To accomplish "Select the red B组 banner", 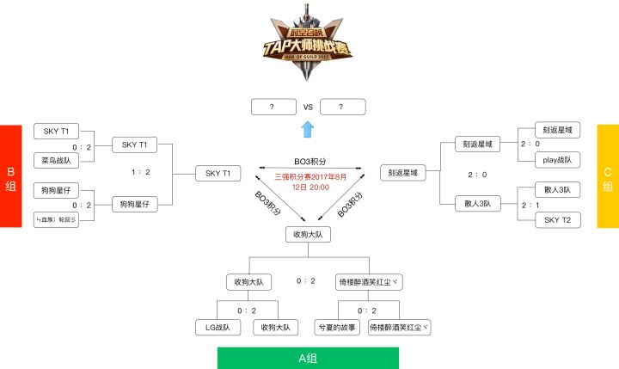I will click(x=10, y=176).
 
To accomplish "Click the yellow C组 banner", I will click(x=608, y=176).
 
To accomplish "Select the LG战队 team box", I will click(x=218, y=327).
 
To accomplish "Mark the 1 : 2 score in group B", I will click(x=141, y=173).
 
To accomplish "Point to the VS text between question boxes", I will click(x=308, y=107).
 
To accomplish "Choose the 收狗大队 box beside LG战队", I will click(x=275, y=327).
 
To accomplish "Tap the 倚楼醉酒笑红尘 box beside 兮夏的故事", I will click(x=398, y=327).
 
